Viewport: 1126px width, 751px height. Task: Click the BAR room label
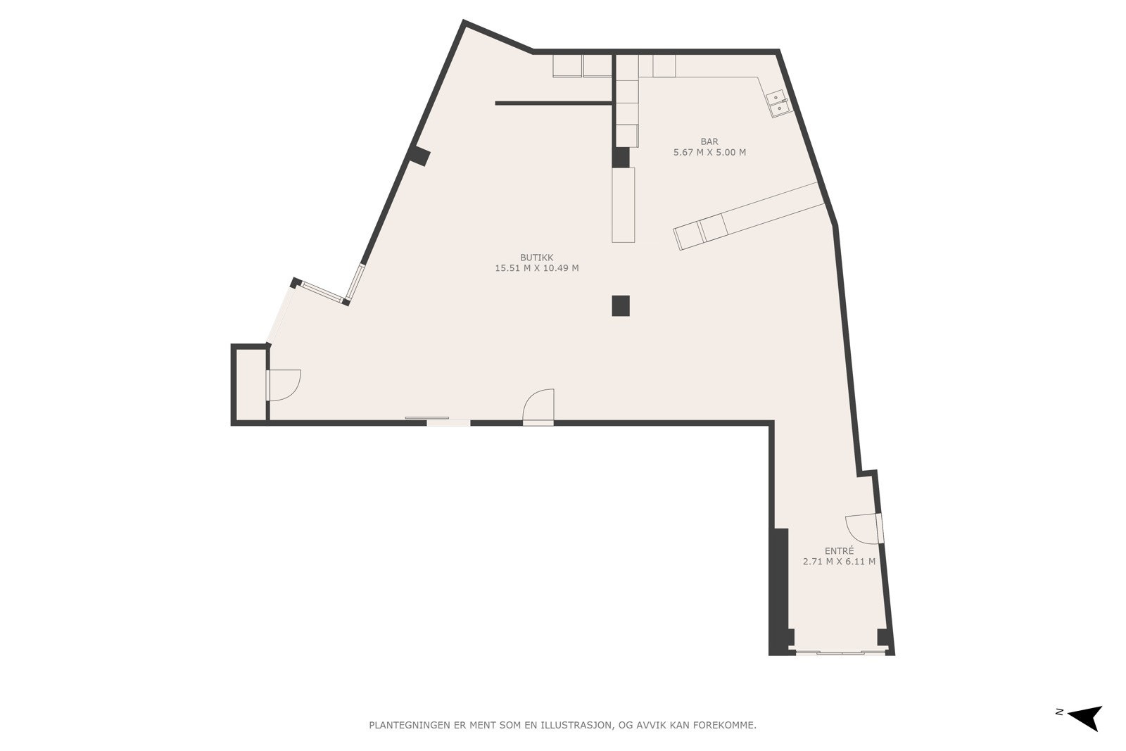(709, 141)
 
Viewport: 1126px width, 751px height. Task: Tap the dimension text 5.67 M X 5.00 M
(709, 152)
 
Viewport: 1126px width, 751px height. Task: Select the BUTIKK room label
(536, 258)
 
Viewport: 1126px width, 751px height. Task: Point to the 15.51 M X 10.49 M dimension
(536, 268)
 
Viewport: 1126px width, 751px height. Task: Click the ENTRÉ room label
(839, 551)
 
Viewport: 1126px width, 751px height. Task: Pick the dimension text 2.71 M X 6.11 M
(839, 562)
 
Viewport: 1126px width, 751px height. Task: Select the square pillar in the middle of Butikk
(620, 305)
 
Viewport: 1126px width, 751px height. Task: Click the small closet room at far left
(250, 385)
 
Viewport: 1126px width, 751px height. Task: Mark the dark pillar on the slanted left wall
(420, 156)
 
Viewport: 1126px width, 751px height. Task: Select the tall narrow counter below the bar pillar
(623, 205)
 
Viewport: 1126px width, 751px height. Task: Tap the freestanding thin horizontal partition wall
(553, 103)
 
